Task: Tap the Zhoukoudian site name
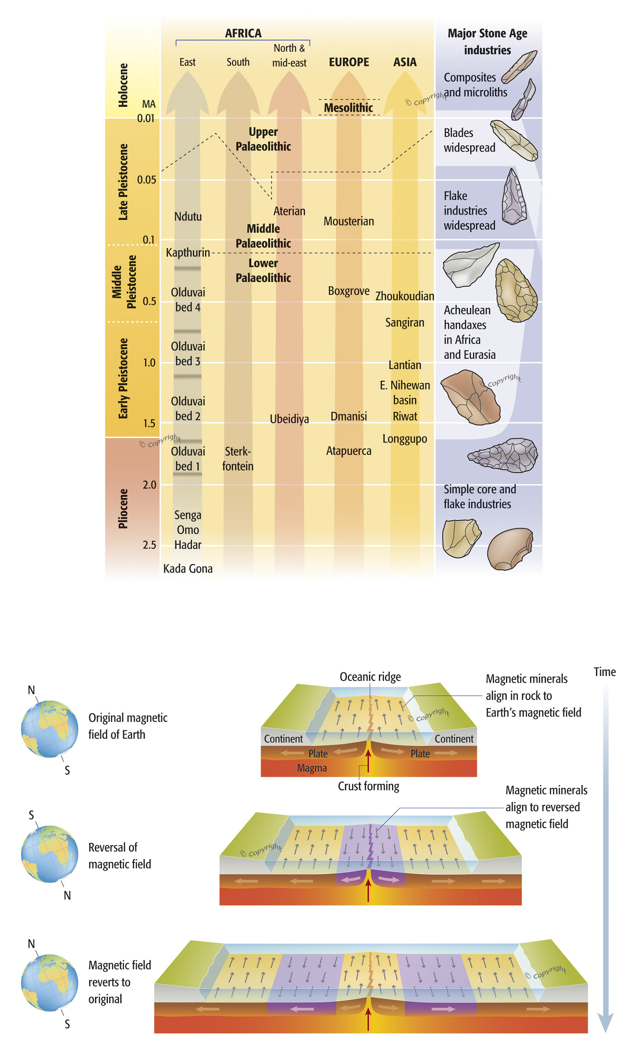pyautogui.click(x=404, y=296)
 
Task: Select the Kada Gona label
pyautogui.click(x=187, y=568)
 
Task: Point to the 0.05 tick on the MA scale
pyautogui.click(x=146, y=180)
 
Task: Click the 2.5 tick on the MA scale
pyautogui.click(x=149, y=545)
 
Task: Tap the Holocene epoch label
pyautogui.click(x=123, y=85)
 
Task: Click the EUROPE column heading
pyautogui.click(x=348, y=62)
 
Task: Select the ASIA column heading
pyautogui.click(x=404, y=62)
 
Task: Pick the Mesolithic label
pyautogui.click(x=348, y=108)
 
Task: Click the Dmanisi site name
pyautogui.click(x=348, y=416)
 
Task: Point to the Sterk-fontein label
pyautogui.click(x=238, y=459)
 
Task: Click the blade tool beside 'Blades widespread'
pyautogui.click(x=514, y=140)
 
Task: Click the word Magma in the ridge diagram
pyautogui.click(x=312, y=768)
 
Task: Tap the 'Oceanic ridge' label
pyautogui.click(x=370, y=677)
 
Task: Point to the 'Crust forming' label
pyautogui.click(x=368, y=786)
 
